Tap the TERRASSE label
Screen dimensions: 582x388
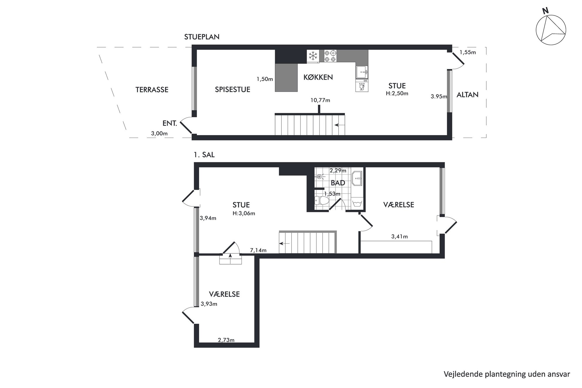(152, 90)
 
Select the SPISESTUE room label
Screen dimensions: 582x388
(233, 89)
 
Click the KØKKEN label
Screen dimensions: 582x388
(318, 77)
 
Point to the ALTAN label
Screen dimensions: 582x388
(468, 95)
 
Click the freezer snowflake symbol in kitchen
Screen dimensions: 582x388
(313, 56)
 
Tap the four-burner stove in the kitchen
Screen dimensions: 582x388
(330, 56)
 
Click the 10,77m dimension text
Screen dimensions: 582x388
(320, 100)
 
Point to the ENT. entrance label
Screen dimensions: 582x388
(170, 123)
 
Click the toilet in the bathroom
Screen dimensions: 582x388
(322, 201)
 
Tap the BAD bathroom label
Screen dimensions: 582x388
(338, 183)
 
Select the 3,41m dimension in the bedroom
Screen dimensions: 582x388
(400, 236)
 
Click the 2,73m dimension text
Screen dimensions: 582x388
(226, 340)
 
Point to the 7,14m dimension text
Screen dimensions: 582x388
(258, 250)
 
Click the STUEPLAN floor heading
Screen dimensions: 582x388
(202, 37)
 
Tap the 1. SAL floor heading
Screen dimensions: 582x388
(204, 155)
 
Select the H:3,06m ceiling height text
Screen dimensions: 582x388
(244, 214)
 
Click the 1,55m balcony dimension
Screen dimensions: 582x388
(468, 52)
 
